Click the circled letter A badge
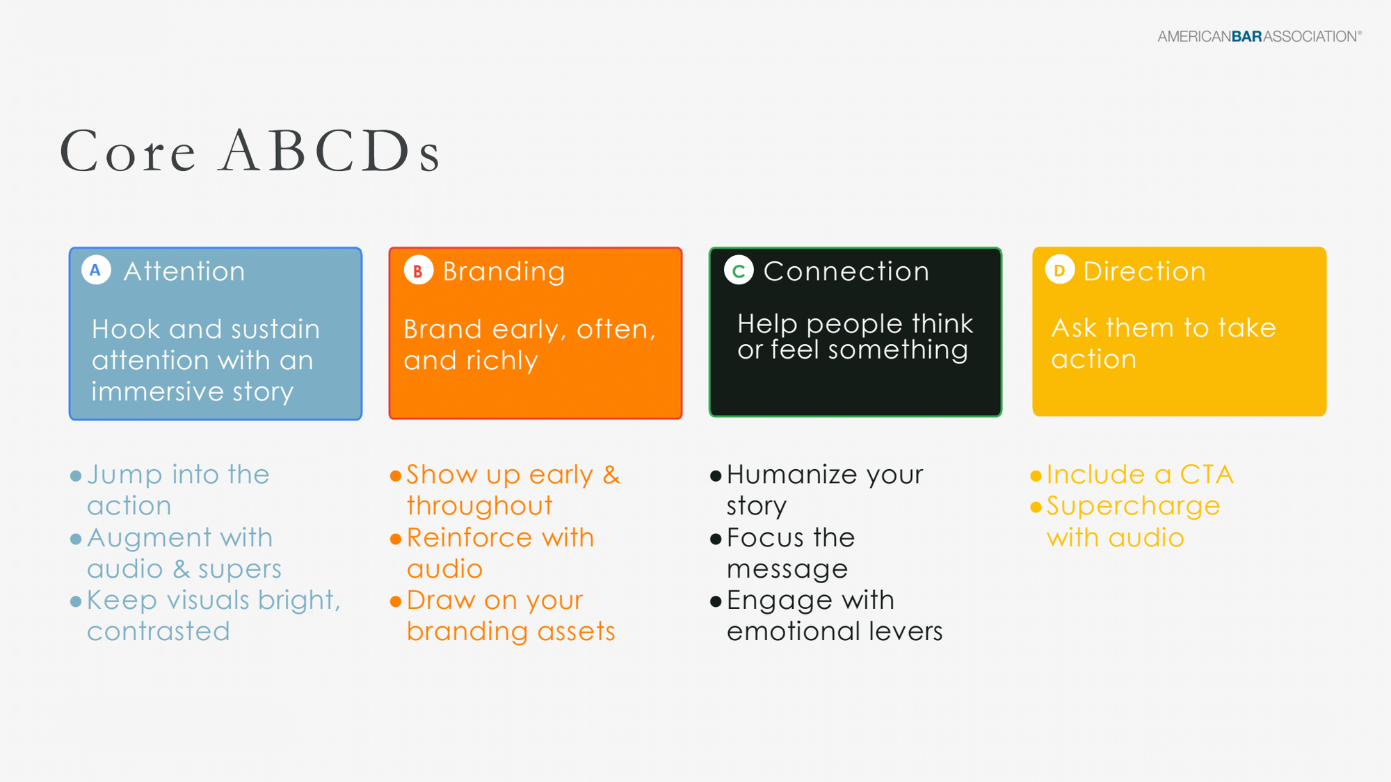point(96,270)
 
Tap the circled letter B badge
point(418,271)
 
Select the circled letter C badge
point(739,270)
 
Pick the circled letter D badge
point(1059,270)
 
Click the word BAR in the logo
point(1246,37)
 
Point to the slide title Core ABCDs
point(250,151)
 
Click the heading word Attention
point(184,271)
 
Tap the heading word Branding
point(504,272)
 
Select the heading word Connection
point(846,271)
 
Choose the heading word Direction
point(1144,271)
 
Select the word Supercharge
point(1133,507)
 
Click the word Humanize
point(791,475)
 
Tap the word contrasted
point(159,631)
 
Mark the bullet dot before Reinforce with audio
point(396,539)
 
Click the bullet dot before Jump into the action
point(76,476)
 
